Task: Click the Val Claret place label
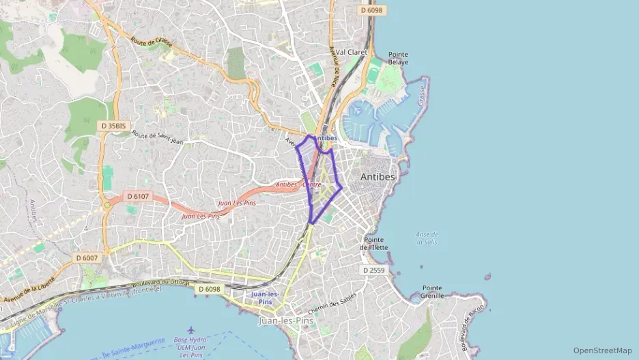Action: [x=352, y=52]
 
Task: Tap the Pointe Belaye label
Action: [x=398, y=58]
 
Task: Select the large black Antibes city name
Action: [x=378, y=177]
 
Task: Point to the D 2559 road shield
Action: [x=374, y=271]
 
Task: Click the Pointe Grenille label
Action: [x=433, y=292]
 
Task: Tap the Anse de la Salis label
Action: [x=427, y=238]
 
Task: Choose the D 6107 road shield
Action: [x=137, y=197]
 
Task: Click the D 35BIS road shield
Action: [x=113, y=126]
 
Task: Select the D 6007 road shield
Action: [x=87, y=258]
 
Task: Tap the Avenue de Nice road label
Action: [x=334, y=66]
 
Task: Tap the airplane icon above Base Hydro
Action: [x=190, y=331]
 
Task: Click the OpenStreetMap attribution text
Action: [x=602, y=350]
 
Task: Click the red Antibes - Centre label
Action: [x=298, y=184]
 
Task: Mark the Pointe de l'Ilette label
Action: [x=375, y=243]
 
